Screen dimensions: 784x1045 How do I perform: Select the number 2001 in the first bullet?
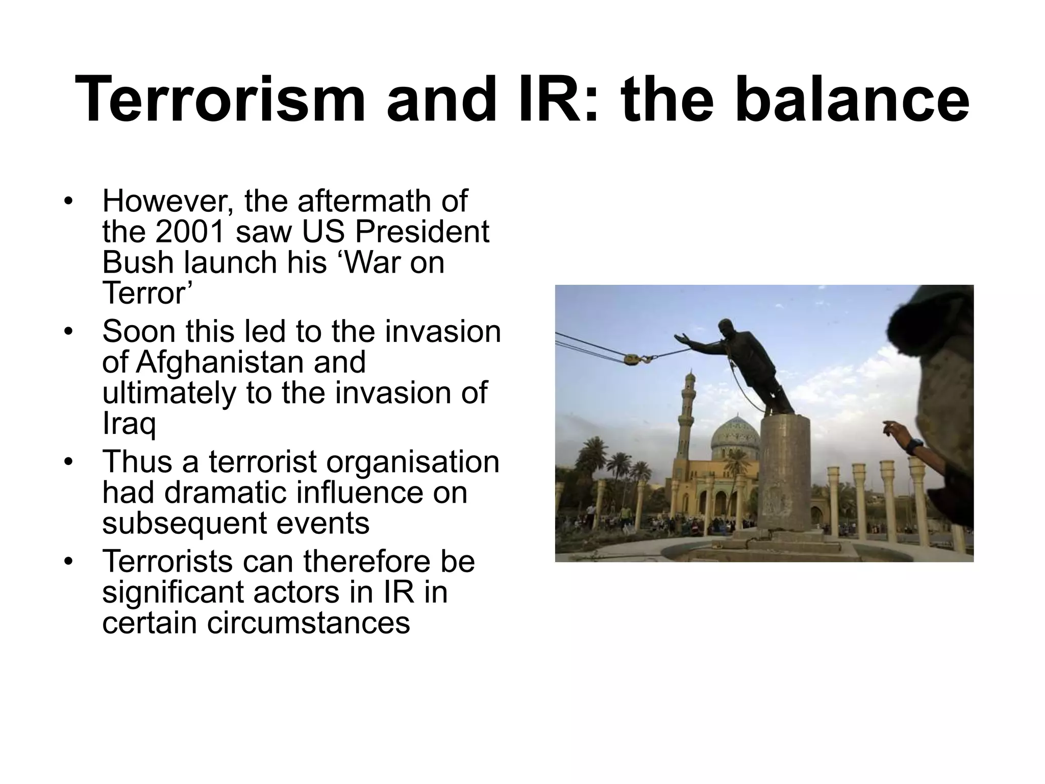[190, 232]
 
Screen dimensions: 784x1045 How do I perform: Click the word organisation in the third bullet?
[412, 462]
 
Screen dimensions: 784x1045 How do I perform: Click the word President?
[422, 232]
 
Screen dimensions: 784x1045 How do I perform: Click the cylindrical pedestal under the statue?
[784, 470]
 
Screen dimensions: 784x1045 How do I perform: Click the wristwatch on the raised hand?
[916, 445]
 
